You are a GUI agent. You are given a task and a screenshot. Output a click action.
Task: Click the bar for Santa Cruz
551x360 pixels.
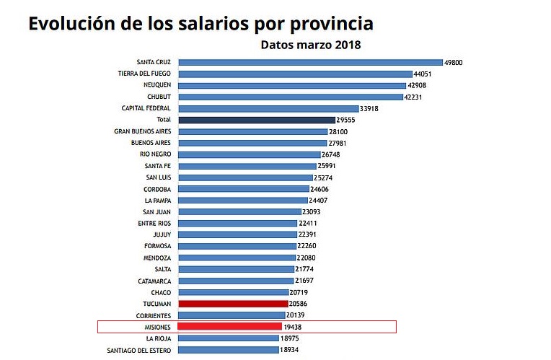pyautogui.click(x=310, y=62)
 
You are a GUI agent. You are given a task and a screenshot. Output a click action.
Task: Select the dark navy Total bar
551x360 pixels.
pyautogui.click(x=257, y=120)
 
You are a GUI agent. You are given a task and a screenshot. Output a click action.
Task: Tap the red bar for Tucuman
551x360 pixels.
pyautogui.click(x=233, y=304)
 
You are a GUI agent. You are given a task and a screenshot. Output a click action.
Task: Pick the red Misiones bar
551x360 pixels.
pyautogui.click(x=229, y=327)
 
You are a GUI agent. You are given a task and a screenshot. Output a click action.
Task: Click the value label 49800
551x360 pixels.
pyautogui.click(x=453, y=63)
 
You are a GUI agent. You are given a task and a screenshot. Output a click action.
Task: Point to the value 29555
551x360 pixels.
pyautogui.click(x=347, y=120)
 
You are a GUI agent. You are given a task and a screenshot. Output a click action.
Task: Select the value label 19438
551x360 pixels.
pyautogui.click(x=293, y=327)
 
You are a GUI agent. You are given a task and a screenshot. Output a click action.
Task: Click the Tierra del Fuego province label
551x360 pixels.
pyautogui.click(x=144, y=74)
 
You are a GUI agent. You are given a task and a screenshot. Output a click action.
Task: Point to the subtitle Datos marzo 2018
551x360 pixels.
pyautogui.click(x=310, y=44)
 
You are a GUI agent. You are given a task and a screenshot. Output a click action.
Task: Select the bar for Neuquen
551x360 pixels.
pyautogui.click(x=292, y=85)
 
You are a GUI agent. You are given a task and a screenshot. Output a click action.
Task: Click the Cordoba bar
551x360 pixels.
pyautogui.click(x=242, y=189)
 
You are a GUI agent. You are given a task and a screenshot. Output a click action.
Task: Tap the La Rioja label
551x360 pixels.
pyautogui.click(x=158, y=338)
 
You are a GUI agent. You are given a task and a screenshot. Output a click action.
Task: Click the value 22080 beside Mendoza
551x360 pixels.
pyautogui.click(x=307, y=258)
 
